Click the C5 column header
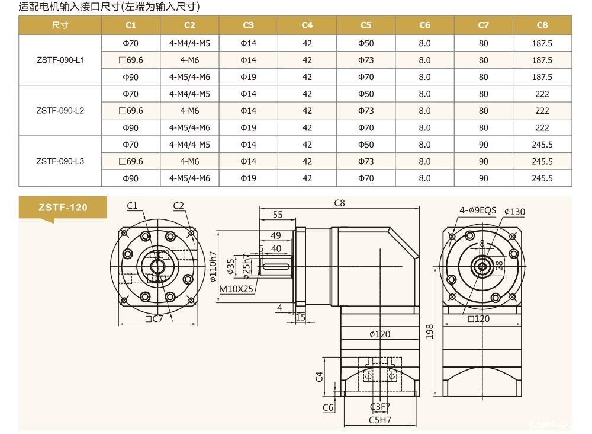pyautogui.click(x=366, y=25)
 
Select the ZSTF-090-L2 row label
pyautogui.click(x=60, y=111)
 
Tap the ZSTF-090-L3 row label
pyautogui.click(x=60, y=161)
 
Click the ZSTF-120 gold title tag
pyautogui.click(x=63, y=207)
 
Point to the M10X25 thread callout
pyautogui.click(x=236, y=289)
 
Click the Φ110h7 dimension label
pyautogui.click(x=213, y=267)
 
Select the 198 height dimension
pyautogui.click(x=429, y=331)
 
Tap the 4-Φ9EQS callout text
pyautogui.click(x=478, y=210)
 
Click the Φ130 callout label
pyautogui.click(x=514, y=212)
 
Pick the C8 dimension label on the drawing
pyautogui.click(x=339, y=203)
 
